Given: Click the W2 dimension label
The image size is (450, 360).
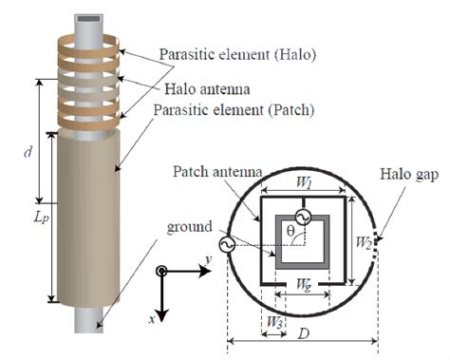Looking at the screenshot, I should [365, 241].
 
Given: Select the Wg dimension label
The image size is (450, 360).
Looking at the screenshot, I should [300, 285].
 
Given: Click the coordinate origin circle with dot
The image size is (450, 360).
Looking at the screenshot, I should [163, 272].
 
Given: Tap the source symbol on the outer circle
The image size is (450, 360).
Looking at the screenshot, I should [227, 244].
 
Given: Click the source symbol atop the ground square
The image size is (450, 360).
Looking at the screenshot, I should [302, 217].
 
